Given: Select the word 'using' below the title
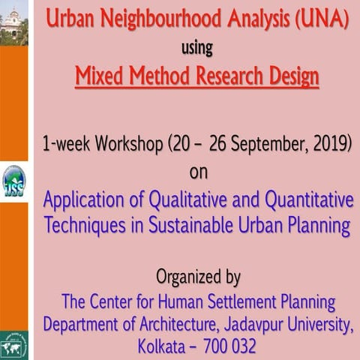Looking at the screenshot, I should point(197,48).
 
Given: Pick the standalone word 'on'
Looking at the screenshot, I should point(197,172).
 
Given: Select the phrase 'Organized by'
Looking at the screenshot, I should point(198,277).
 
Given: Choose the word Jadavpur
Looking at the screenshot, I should point(253,325).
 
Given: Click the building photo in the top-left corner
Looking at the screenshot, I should point(13,22).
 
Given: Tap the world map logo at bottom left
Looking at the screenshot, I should point(13,346).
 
